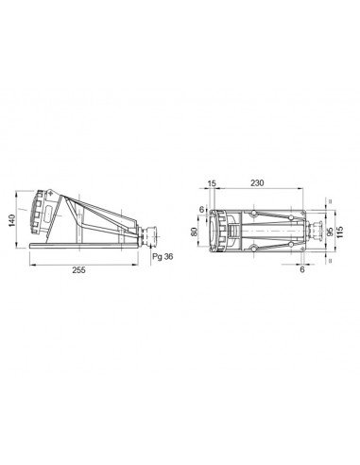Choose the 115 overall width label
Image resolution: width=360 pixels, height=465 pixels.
click(341, 230)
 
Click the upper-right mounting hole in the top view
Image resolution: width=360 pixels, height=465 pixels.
click(305, 212)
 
